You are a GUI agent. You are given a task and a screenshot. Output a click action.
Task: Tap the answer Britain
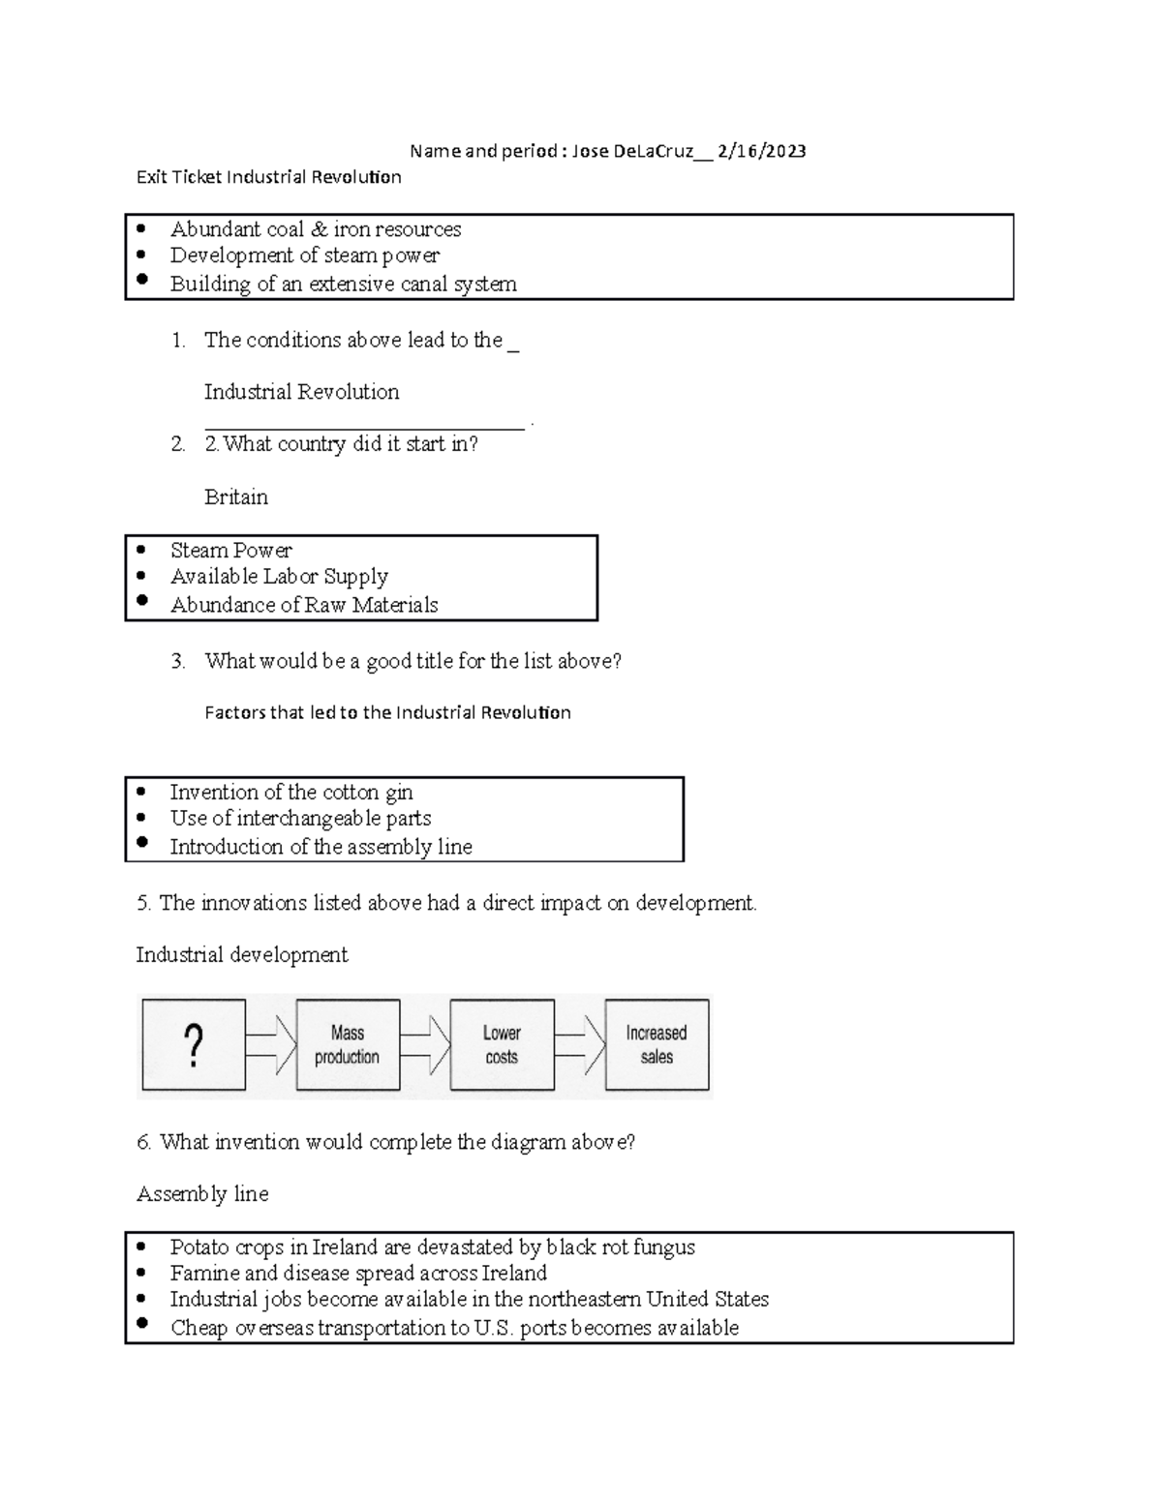[x=236, y=497]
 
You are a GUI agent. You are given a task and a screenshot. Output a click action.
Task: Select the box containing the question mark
[x=194, y=1045]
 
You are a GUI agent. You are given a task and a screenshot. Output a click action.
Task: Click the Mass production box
[x=348, y=1045]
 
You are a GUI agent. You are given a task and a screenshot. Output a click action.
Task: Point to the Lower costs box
[x=502, y=1045]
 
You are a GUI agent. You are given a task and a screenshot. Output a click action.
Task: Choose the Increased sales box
[x=657, y=1045]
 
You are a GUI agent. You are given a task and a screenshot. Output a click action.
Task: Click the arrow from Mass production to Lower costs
[x=425, y=1045]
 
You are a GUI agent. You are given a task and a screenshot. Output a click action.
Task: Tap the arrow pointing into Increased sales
[x=580, y=1045]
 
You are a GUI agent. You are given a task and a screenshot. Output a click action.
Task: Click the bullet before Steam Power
[x=142, y=550]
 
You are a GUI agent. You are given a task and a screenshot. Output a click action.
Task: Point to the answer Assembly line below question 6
[x=202, y=1194]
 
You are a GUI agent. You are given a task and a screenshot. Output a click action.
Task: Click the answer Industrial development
[x=242, y=955]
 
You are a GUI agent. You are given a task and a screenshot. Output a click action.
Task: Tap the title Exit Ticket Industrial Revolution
[x=268, y=177]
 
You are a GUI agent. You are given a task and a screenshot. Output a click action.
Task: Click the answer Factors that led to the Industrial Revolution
[x=387, y=713]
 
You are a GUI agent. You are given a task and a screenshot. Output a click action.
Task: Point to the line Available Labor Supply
[x=279, y=577]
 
